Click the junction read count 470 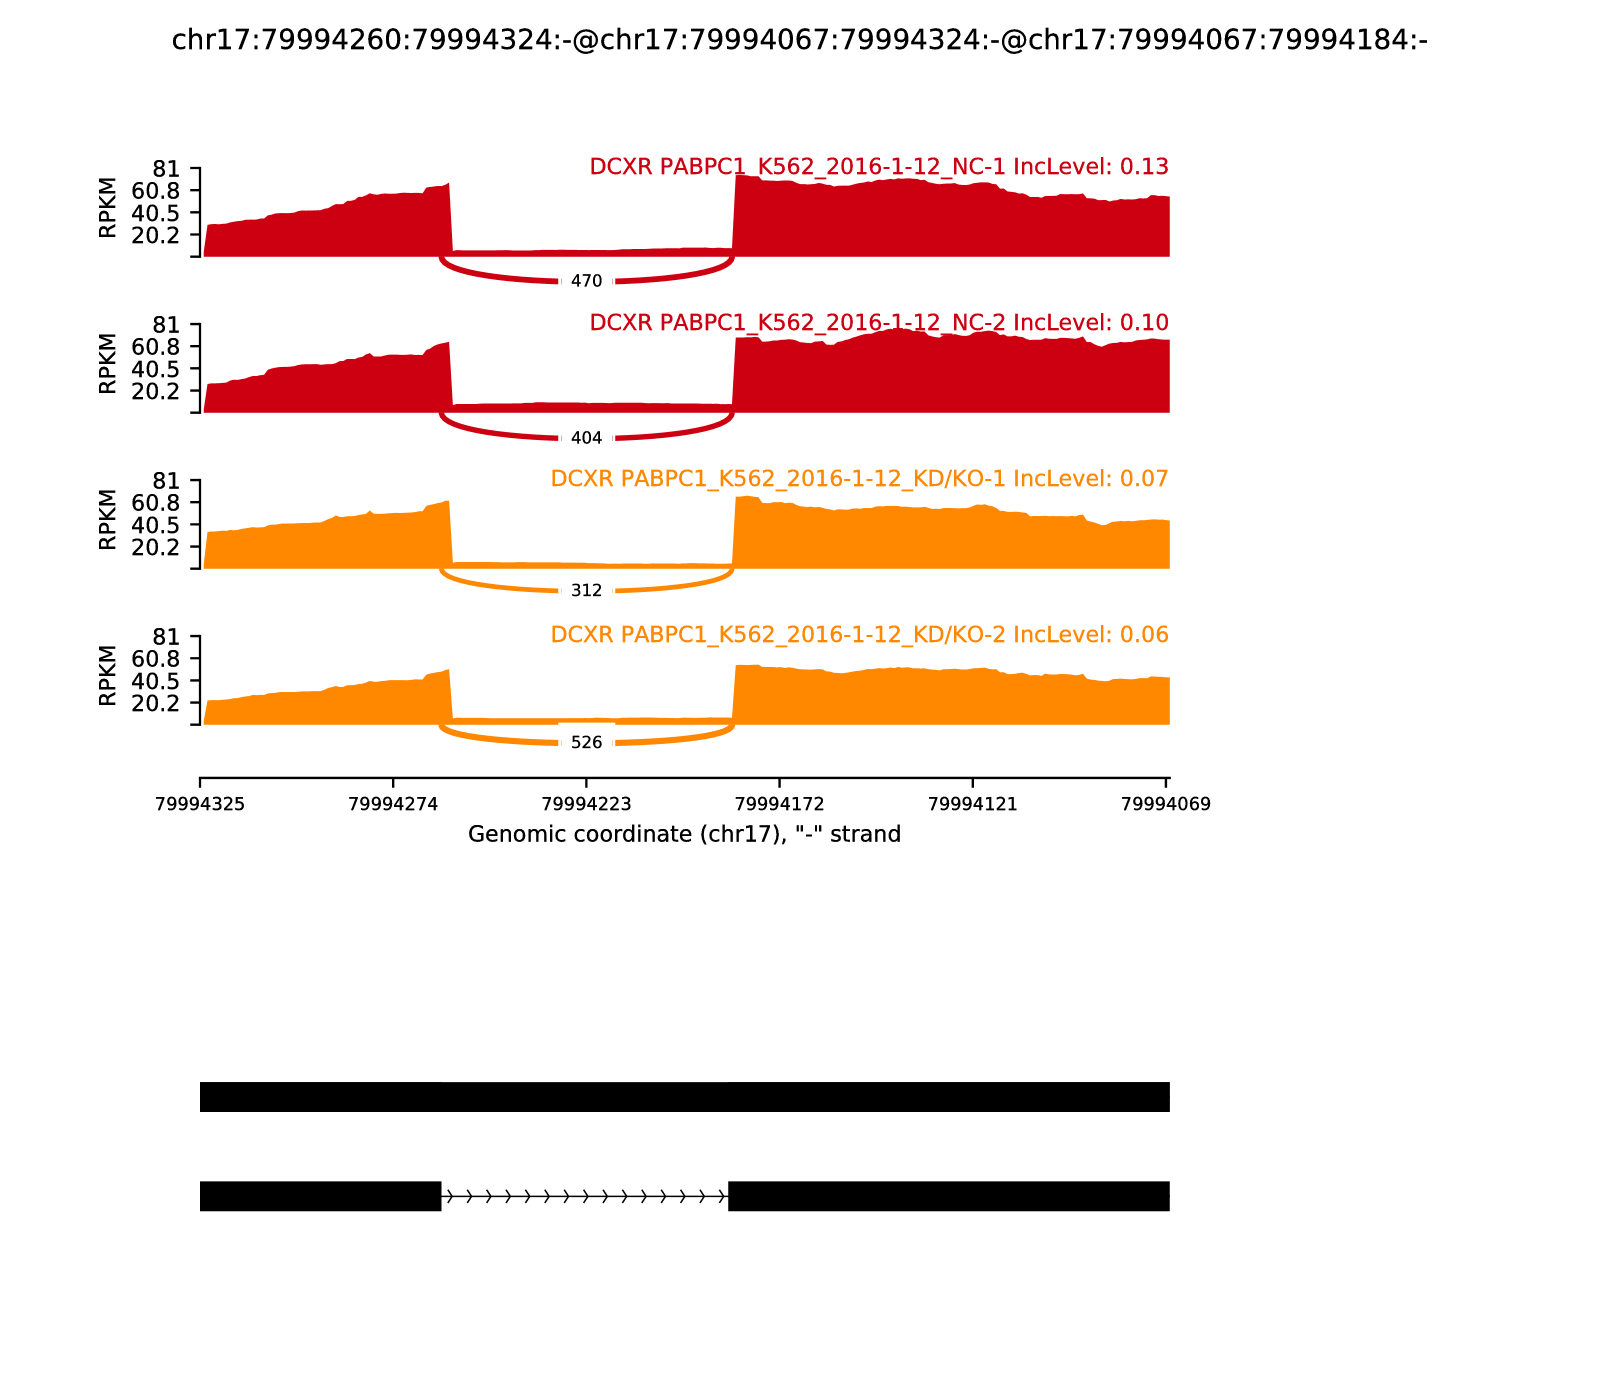click(x=586, y=281)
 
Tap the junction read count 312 click(x=586, y=590)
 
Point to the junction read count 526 click(x=586, y=742)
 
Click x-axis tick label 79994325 click(x=200, y=804)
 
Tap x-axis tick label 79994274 click(x=393, y=804)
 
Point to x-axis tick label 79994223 click(x=586, y=804)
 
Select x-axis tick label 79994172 click(x=779, y=804)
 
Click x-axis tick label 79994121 click(x=972, y=804)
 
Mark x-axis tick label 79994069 click(x=1165, y=804)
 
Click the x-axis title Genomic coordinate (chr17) click(x=684, y=834)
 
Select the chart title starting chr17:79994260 click(x=799, y=40)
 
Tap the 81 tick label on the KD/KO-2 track click(x=165, y=636)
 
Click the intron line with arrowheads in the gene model click(x=584, y=1195)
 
